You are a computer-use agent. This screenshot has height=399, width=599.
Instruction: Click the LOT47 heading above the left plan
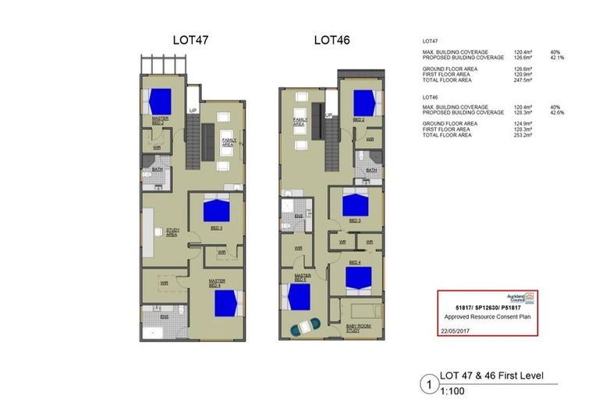pyautogui.click(x=190, y=40)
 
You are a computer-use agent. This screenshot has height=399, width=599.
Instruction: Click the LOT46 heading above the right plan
pyautogui.click(x=331, y=40)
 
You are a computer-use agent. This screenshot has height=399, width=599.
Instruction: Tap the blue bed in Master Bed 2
pyautogui.click(x=160, y=101)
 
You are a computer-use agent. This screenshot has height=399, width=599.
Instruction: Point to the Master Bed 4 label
pyautogui.click(x=214, y=284)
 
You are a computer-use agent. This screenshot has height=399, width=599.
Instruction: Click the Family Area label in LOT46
pyautogui.click(x=299, y=123)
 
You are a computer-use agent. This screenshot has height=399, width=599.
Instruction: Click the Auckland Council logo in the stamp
pyautogui.click(x=527, y=298)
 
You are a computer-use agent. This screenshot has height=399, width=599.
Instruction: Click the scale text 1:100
pyautogui.click(x=452, y=390)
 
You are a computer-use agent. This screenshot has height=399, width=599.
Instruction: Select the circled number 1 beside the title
pyautogui.click(x=427, y=383)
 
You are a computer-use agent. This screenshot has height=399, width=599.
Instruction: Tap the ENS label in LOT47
pyautogui.click(x=165, y=316)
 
